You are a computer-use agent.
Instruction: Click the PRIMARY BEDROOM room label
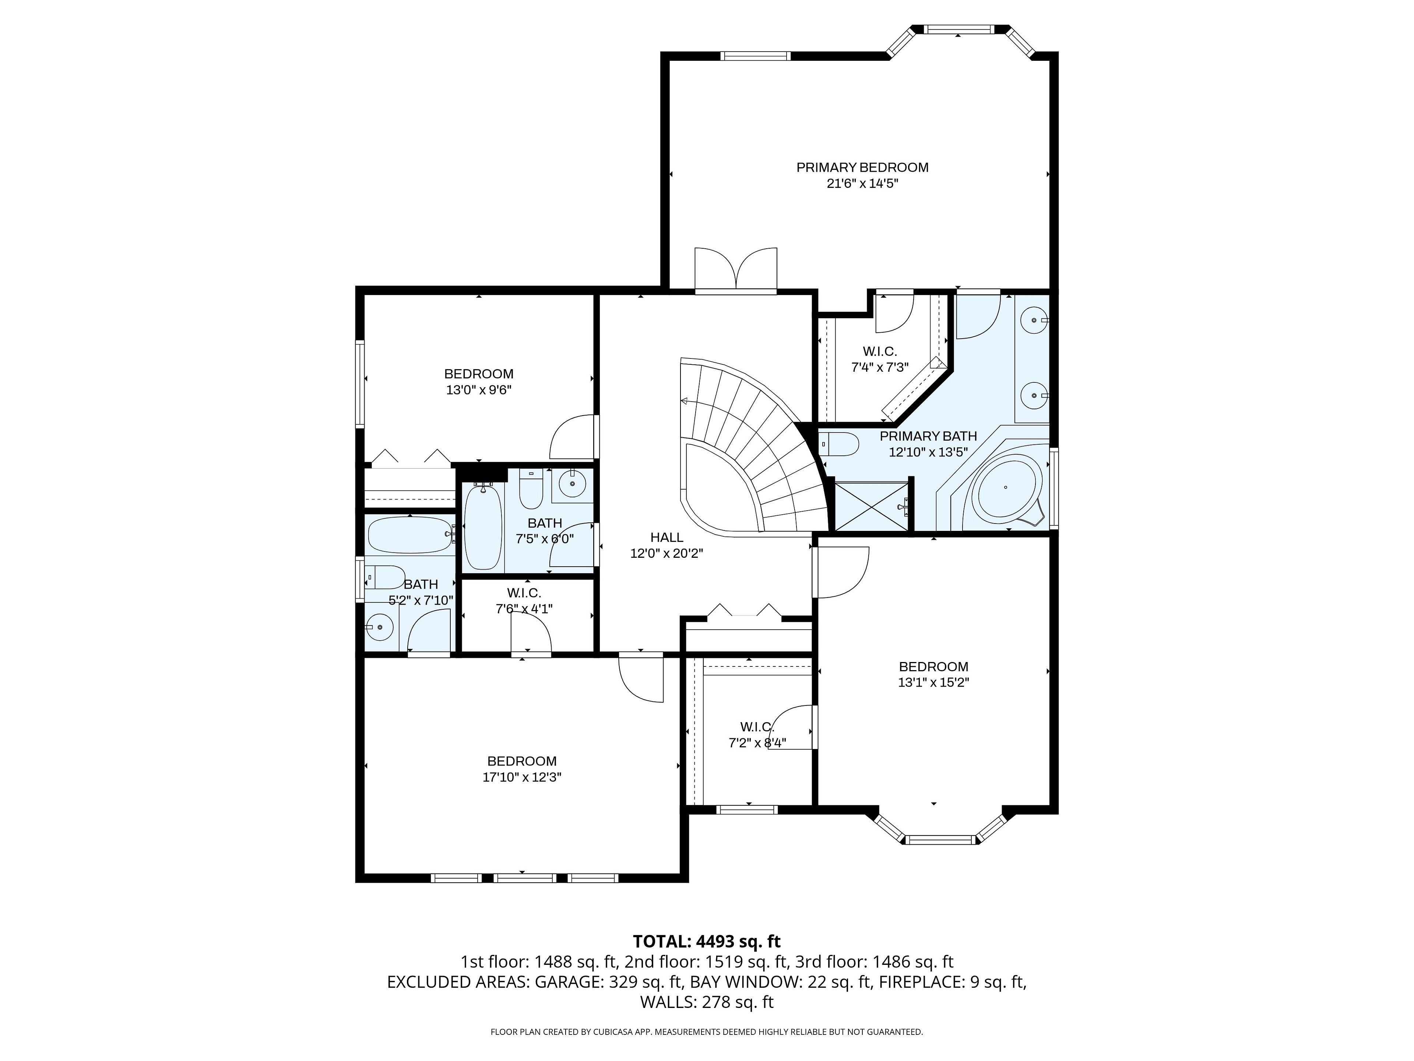pos(862,168)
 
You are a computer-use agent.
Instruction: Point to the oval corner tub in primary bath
pos(1006,487)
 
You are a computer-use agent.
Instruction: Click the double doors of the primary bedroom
pos(736,270)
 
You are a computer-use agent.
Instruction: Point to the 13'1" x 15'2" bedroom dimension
pos(933,682)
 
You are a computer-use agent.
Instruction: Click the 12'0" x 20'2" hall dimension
pos(667,554)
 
